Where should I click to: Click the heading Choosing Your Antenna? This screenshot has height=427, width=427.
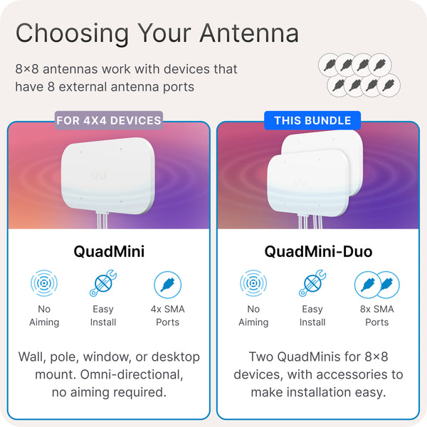coord(157,33)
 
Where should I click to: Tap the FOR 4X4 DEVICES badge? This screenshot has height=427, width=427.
coord(109,120)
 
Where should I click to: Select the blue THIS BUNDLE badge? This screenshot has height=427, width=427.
coord(312,120)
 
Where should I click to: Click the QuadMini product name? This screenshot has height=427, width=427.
coord(109,251)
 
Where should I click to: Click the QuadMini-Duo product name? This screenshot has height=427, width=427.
coord(317,251)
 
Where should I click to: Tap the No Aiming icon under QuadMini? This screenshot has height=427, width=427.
coord(44,284)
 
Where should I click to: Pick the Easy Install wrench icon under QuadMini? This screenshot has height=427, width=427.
coord(103,284)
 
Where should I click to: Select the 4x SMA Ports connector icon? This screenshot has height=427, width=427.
coord(168,284)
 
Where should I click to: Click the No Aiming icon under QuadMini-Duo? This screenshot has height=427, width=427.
coord(253,284)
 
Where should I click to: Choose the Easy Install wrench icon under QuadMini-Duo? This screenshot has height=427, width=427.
coord(312,284)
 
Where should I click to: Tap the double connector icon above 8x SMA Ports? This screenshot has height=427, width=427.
coord(376,284)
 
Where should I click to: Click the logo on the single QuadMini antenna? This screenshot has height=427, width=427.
coord(97,175)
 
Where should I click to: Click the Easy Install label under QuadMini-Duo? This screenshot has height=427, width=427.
coord(312,315)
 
